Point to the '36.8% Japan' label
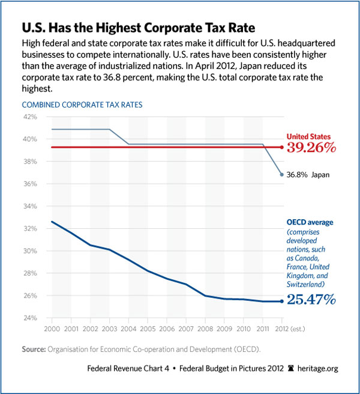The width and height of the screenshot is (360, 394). (308, 175)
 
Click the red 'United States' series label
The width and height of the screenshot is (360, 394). (308, 136)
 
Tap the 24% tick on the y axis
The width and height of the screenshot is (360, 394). (30, 318)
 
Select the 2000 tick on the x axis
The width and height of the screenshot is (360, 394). (52, 329)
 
